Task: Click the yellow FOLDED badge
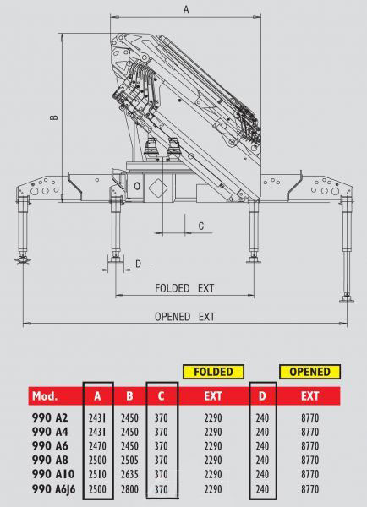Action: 213,372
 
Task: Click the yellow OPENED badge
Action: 309,372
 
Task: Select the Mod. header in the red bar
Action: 45,396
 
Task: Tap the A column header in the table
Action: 97,396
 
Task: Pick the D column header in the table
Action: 262,396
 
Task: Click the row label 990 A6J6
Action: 53,489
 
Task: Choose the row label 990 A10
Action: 53,474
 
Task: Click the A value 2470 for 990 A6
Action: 97,446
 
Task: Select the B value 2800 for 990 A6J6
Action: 129,489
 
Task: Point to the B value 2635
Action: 129,474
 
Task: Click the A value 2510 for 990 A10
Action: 97,474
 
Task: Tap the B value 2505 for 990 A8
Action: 129,461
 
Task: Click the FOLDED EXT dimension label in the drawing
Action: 184,288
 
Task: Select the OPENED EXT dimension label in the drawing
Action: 185,317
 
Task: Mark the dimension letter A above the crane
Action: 186,9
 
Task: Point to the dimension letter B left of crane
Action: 54,117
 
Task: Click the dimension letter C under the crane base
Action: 201,226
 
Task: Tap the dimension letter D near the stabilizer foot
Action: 138,264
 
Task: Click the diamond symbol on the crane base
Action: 158,187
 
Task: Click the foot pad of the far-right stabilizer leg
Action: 347,299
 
